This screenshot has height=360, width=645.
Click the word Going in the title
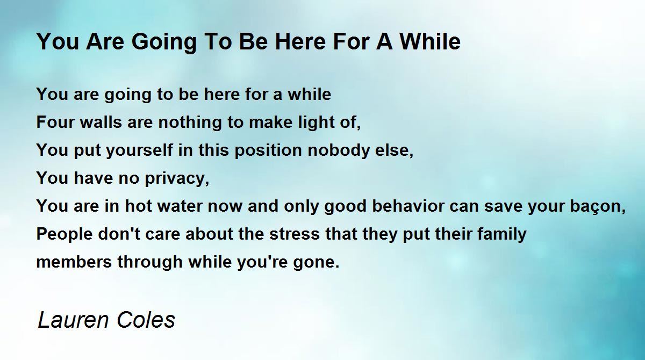pyautogui.click(x=164, y=42)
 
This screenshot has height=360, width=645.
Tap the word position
pyautogui.click(x=268, y=150)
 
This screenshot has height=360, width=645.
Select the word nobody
pyautogui.click(x=339, y=150)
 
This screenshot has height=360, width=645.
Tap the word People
pyautogui.click(x=64, y=234)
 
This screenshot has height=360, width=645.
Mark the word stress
pyautogui.click(x=295, y=234)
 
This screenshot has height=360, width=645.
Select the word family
pyautogui.click(x=502, y=234)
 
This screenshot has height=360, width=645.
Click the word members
pyautogui.click(x=74, y=262)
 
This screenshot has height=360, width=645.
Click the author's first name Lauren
pyautogui.click(x=74, y=319)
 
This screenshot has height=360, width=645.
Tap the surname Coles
pyautogui.click(x=146, y=319)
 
